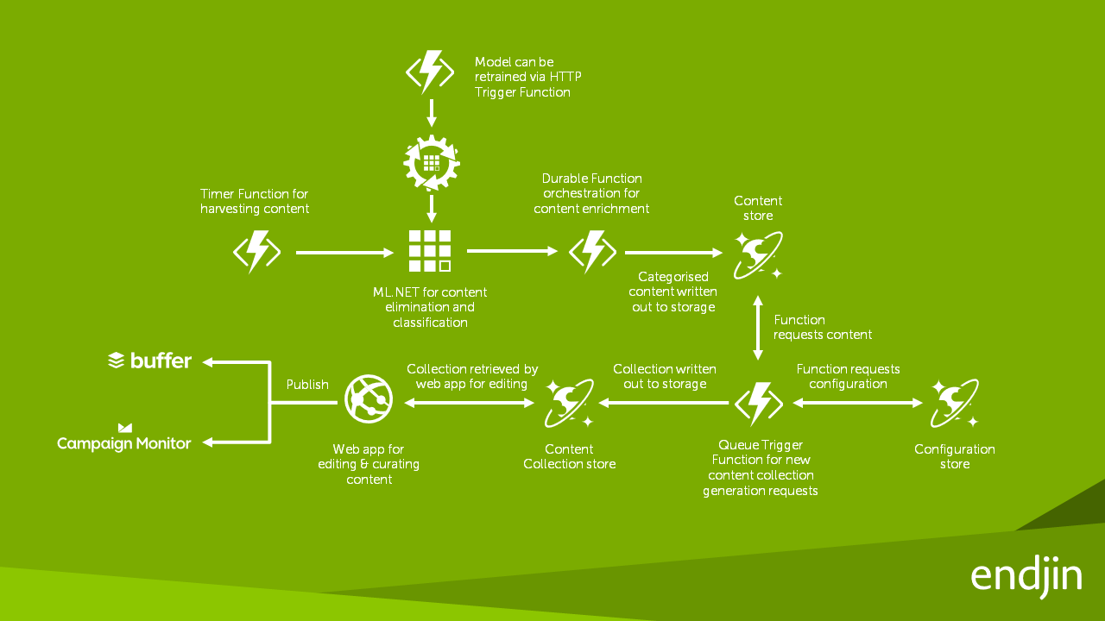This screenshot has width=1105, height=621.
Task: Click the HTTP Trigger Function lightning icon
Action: click(430, 72)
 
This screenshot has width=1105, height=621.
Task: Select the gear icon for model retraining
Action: click(431, 161)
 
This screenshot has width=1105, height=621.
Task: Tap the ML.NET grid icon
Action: click(430, 251)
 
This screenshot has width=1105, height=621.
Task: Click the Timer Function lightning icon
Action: click(257, 252)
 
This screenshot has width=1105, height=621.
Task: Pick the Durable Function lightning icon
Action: click(592, 252)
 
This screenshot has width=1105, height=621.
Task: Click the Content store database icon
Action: click(758, 254)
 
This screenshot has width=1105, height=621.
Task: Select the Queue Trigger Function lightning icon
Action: click(758, 403)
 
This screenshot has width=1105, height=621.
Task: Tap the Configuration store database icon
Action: click(954, 403)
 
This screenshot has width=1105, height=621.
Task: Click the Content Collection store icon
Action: click(570, 403)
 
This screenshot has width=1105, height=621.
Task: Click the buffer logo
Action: click(149, 361)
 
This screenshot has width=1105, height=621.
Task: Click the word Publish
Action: click(307, 385)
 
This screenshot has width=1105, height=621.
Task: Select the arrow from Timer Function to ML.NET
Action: click(344, 253)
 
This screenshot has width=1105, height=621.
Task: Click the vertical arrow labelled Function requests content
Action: click(758, 328)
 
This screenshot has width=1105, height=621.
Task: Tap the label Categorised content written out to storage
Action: click(673, 292)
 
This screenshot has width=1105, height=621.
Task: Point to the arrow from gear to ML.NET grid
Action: click(431, 208)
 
